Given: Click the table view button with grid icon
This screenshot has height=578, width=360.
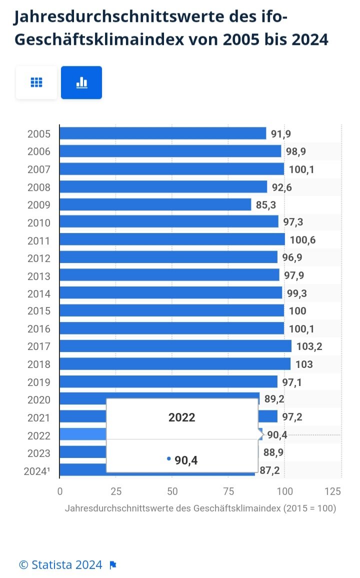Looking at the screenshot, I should (x=36, y=82).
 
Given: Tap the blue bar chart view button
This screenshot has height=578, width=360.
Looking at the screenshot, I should (x=81, y=82).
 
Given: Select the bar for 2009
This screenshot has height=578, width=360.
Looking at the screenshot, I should (x=155, y=204).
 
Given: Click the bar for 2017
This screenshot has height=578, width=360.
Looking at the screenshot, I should (x=175, y=346).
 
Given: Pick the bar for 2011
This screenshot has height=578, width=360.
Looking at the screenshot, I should (x=172, y=240).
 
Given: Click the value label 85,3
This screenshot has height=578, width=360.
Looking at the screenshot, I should (x=265, y=204).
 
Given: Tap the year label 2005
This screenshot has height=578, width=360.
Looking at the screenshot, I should (x=38, y=134).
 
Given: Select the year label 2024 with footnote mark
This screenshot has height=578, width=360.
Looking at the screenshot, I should (x=37, y=471).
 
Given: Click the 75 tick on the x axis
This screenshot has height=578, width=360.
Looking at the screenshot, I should (x=228, y=491).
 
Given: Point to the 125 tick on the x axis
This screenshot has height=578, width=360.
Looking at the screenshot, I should (x=333, y=491).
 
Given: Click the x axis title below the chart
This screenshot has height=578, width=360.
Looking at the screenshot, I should (x=200, y=508).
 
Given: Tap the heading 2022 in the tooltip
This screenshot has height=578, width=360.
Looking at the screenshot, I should (x=181, y=418).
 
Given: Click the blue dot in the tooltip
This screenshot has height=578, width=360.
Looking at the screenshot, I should (x=169, y=458).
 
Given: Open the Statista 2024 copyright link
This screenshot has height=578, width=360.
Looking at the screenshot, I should (x=60, y=565).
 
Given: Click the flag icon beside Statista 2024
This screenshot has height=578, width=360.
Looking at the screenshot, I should (x=113, y=565).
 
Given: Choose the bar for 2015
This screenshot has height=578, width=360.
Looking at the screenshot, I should (x=171, y=310).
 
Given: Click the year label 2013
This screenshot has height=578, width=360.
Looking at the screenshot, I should (x=38, y=275).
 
